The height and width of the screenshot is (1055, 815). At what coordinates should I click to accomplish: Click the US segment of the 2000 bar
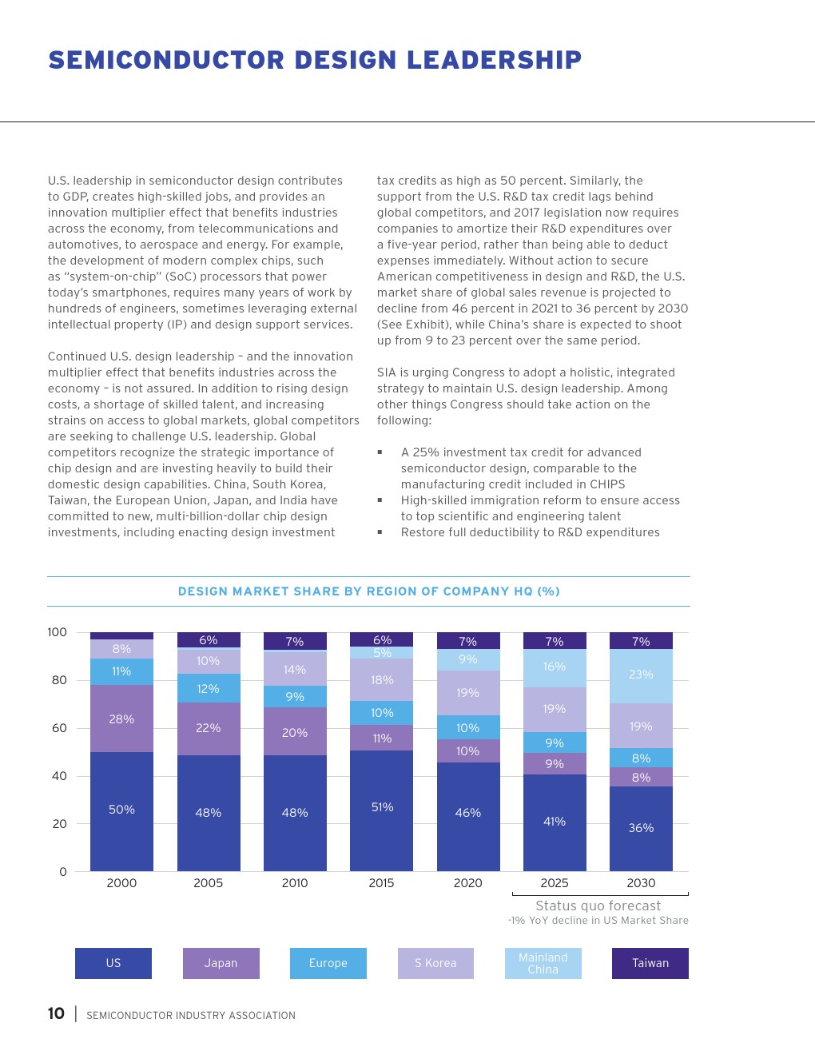pos(121,810)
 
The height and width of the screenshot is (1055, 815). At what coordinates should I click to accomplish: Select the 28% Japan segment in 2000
pos(121,719)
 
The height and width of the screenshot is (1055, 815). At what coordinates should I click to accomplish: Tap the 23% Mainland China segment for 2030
pos(641,675)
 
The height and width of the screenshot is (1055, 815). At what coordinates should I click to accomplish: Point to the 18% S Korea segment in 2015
pos(381,679)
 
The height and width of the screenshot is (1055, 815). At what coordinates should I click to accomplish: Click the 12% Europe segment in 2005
pos(208,688)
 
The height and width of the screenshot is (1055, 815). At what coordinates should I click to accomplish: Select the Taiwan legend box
pos(650,963)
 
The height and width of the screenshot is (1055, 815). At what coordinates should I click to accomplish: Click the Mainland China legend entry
pos(543,963)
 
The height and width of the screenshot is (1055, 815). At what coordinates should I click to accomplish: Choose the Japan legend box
pos(221,963)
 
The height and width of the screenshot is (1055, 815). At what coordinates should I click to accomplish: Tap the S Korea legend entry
pos(435,963)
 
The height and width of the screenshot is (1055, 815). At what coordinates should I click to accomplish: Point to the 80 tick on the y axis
pos(59,680)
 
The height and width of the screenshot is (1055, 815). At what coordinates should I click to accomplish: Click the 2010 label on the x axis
pos(295,883)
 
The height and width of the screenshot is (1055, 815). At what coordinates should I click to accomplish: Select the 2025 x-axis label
pos(555,883)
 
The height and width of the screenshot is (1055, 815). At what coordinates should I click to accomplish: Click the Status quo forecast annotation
pos(598,906)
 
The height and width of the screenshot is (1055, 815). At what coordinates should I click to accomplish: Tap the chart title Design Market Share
pos(368,591)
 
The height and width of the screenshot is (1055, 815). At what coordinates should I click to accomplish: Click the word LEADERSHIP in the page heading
pos(494,60)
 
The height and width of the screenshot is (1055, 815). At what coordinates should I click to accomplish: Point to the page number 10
pos(56,1013)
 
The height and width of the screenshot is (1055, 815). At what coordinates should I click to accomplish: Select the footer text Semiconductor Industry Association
pos(191,1016)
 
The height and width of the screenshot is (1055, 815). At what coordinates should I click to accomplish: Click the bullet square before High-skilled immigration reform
pos(380,500)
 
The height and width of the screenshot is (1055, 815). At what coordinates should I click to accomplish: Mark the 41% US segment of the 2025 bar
pos(555,822)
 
